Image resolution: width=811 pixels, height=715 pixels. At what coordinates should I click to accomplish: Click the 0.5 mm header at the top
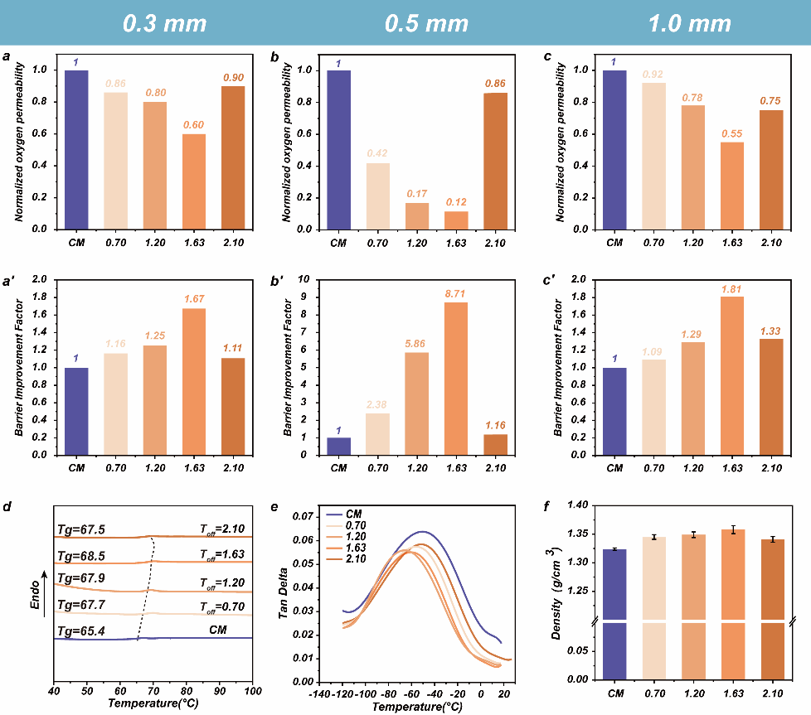click(426, 23)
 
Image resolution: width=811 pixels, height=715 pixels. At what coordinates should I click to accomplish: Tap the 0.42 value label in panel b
click(378, 153)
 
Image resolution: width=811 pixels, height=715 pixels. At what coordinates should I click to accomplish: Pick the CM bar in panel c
click(614, 150)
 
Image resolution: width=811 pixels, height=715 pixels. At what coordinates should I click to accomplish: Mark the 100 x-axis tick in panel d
click(251, 689)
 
